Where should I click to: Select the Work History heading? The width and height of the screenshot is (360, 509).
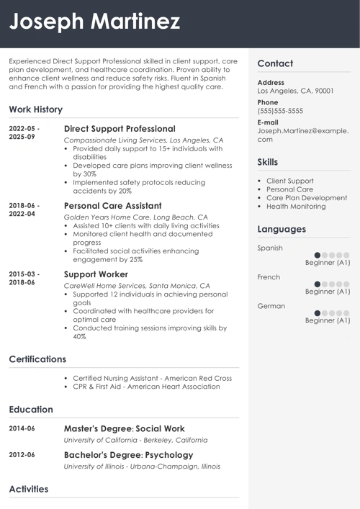click(36, 109)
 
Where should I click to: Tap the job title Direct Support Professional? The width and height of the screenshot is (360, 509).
click(120, 128)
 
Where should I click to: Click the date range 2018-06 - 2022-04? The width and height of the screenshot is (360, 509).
click(24, 210)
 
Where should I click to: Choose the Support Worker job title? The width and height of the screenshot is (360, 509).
click(96, 274)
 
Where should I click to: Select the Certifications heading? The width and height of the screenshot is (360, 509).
click(37, 359)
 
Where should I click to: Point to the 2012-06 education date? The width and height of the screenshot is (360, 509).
click(22, 455)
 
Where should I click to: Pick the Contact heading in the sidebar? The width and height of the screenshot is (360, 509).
click(275, 63)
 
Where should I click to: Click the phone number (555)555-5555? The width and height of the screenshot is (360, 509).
click(280, 112)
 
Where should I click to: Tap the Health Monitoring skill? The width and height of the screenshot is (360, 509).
click(296, 207)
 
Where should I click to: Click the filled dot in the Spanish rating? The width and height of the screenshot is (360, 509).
click(318, 255)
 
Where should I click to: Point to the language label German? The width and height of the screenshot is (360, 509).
click(271, 306)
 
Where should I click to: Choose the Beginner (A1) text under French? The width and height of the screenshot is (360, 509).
click(328, 292)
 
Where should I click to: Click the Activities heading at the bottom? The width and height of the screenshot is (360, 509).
click(29, 489)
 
